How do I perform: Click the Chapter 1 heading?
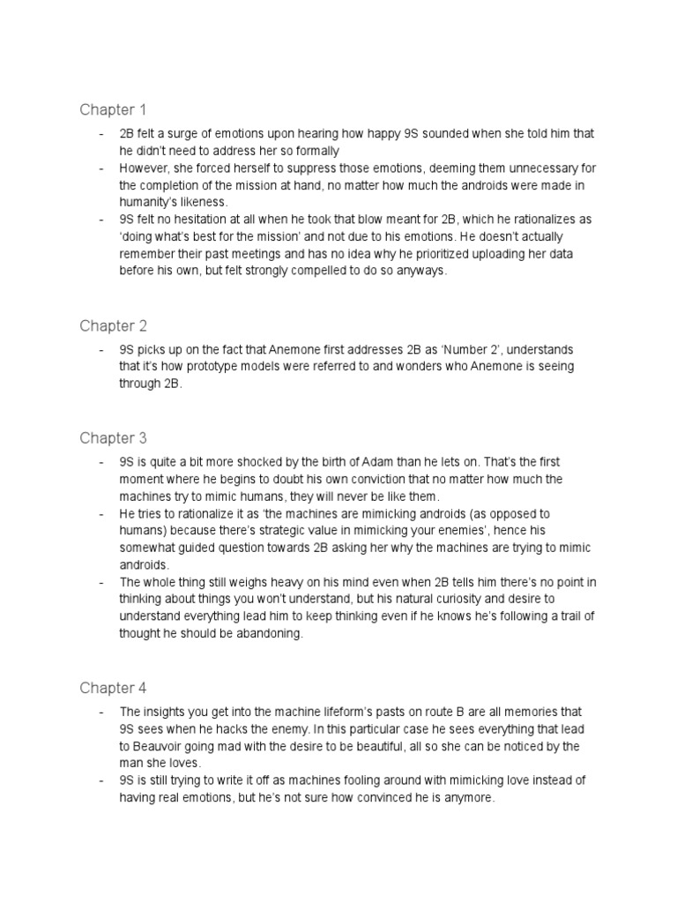pos(112,109)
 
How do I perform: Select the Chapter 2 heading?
pos(113,326)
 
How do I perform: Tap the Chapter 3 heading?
pos(113,438)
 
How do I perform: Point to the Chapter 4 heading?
pos(113,688)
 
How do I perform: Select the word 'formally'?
pos(311,151)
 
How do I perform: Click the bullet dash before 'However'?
pos(101,168)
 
